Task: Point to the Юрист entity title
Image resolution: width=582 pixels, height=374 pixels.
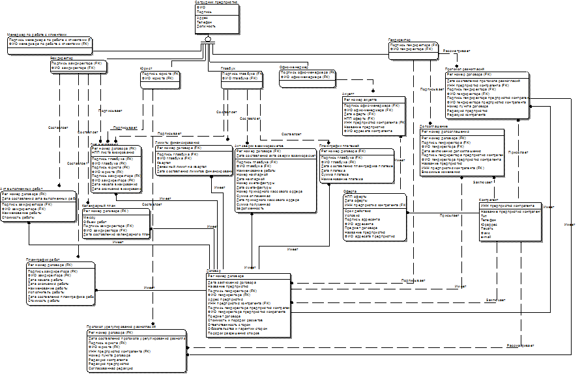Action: [145, 68]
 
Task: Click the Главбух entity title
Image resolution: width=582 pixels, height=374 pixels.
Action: [227, 68]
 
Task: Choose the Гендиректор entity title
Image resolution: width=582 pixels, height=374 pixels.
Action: [399, 39]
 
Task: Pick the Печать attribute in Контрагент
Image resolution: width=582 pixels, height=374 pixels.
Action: [487, 228]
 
